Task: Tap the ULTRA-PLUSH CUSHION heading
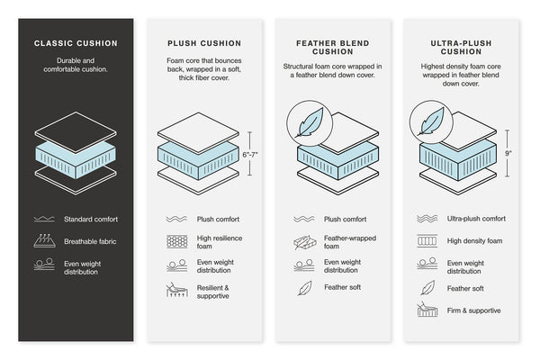[x=462, y=42]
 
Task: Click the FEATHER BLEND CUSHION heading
[x=331, y=48]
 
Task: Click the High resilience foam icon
[x=176, y=241]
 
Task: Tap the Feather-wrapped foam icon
[x=304, y=241]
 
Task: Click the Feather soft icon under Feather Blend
[x=304, y=289]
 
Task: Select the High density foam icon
[x=427, y=241]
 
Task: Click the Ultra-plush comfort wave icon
[x=427, y=219]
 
